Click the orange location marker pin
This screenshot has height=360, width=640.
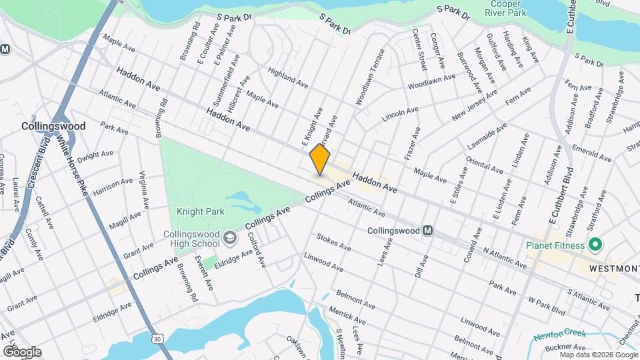pyautogui.click(x=320, y=159)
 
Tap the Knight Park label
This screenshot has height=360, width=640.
pyautogui.click(x=201, y=211)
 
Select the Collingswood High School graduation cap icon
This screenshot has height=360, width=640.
pyautogui.click(x=229, y=237)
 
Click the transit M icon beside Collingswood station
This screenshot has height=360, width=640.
pyautogui.click(x=428, y=231)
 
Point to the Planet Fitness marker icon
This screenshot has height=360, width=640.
pyautogui.click(x=592, y=245)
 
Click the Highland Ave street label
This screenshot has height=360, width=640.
pyautogui.click(x=287, y=78)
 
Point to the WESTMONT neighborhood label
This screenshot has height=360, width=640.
pyautogui.click(x=613, y=268)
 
